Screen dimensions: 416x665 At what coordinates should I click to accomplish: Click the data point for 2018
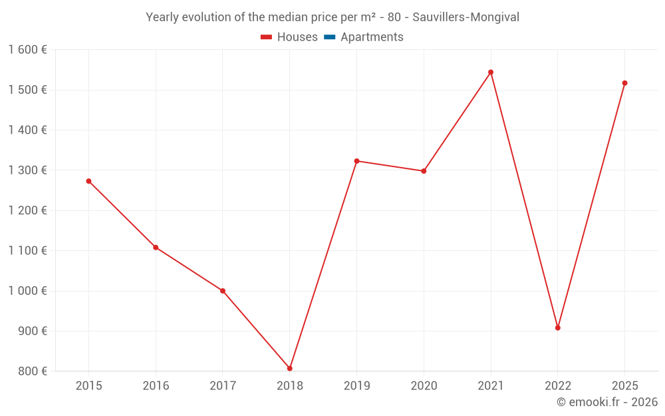pyautogui.click(x=290, y=368)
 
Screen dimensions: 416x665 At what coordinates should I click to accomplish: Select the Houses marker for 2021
pyautogui.click(x=491, y=72)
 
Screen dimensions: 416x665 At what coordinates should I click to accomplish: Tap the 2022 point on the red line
pyautogui.click(x=558, y=327)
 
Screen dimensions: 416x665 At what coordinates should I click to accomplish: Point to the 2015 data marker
pyautogui.click(x=88, y=181)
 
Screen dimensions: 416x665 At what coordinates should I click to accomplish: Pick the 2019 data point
pyautogui.click(x=356, y=161)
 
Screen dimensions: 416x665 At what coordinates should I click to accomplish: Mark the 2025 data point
pyautogui.click(x=624, y=83)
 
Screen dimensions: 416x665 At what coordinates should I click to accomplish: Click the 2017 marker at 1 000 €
pyautogui.click(x=223, y=291)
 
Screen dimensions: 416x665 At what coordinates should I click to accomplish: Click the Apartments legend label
pyautogui.click(x=372, y=37)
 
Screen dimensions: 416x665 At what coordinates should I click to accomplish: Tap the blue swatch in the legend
pyautogui.click(x=329, y=37)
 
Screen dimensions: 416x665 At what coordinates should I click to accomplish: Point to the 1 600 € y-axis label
pyautogui.click(x=27, y=50)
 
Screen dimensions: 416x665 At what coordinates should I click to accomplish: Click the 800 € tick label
pyautogui.click(x=32, y=371)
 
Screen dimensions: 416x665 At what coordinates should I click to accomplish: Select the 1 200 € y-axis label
pyautogui.click(x=27, y=210)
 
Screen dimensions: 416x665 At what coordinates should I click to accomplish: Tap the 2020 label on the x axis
pyautogui.click(x=424, y=386)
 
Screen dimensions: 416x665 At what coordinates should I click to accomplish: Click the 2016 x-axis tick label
pyautogui.click(x=156, y=386)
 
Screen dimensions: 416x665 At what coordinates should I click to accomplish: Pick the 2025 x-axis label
pyautogui.click(x=624, y=386)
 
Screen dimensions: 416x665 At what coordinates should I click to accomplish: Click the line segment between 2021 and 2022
pyautogui.click(x=524, y=200)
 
